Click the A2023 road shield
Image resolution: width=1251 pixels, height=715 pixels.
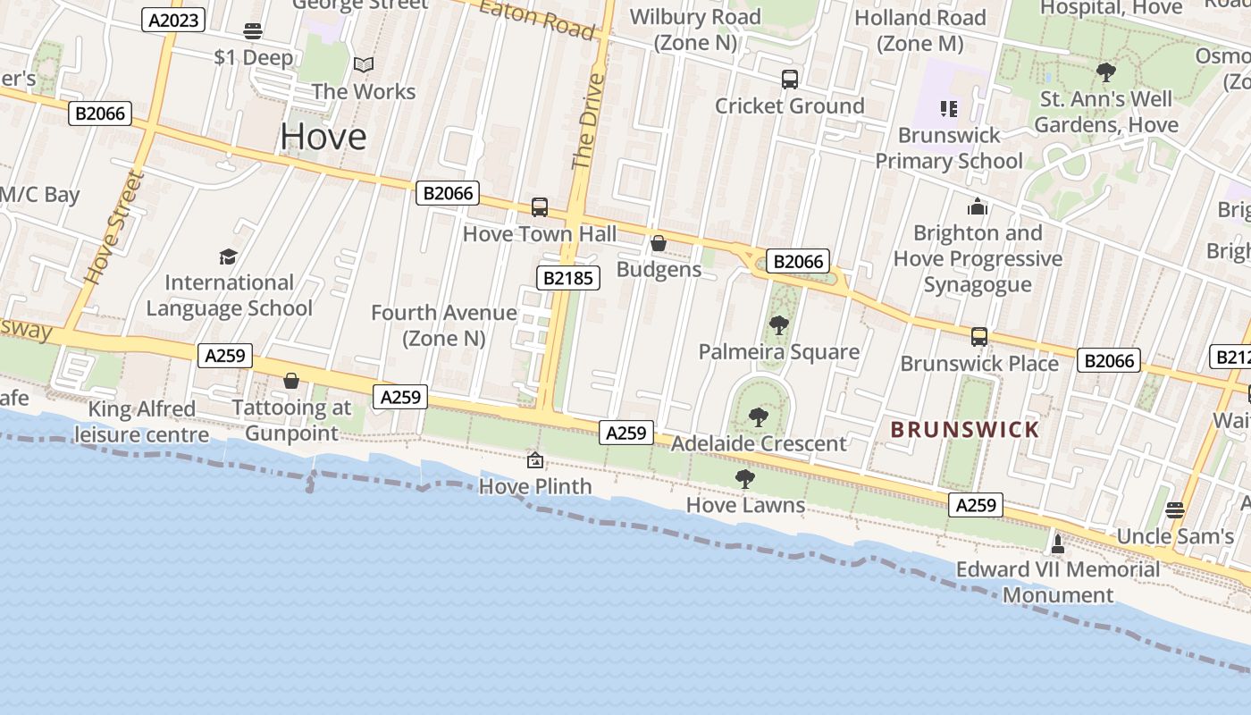173,20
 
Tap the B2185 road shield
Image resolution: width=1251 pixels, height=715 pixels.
568,278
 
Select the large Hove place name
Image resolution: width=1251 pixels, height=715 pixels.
323,137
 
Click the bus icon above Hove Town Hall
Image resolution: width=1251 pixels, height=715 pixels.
540,207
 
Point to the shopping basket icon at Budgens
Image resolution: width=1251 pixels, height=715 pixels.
659,242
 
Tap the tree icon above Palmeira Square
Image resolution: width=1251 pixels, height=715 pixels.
778,324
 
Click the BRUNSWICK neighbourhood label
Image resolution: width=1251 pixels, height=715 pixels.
965,430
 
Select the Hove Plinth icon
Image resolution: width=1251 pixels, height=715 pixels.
535,460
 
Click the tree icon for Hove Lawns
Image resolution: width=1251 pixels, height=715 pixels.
744,479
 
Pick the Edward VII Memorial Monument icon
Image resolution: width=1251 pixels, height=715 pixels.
1058,543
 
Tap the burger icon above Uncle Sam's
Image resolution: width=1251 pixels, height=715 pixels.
1175,509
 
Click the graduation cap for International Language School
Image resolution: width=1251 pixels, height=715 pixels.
229,257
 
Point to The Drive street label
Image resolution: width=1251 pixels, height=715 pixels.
587,122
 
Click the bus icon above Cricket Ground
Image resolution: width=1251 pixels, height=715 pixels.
790,80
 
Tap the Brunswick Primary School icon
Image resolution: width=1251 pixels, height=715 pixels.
949,109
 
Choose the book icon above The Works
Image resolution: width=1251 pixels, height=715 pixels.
364,64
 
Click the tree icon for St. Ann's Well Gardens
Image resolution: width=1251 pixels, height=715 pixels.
1106,72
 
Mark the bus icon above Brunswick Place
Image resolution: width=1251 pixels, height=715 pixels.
979,337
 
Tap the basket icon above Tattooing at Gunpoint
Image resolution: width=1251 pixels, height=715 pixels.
290,382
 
